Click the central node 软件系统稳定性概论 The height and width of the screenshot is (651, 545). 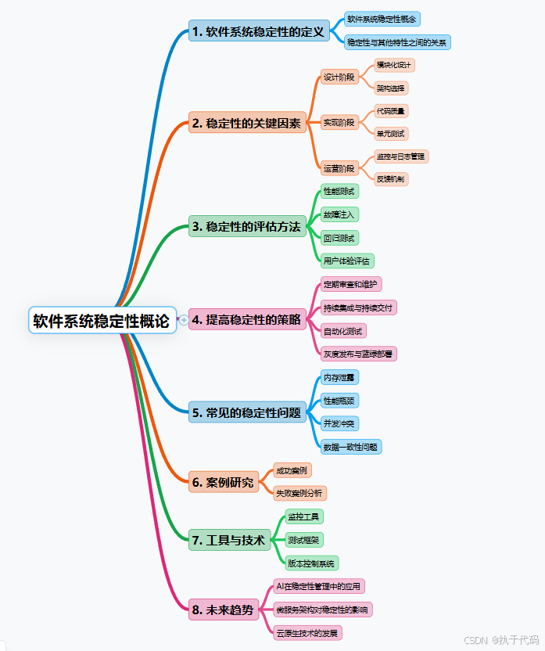click(102, 320)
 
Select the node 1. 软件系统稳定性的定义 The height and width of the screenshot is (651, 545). click(257, 32)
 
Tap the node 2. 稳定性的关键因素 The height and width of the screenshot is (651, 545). click(246, 123)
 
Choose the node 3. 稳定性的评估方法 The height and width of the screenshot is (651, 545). click(246, 227)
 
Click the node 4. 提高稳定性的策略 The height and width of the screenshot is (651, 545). click(246, 319)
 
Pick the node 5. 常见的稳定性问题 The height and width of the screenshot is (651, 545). click(246, 412)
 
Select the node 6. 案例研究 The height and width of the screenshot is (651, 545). click(224, 482)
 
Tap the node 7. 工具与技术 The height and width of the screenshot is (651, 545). click(229, 539)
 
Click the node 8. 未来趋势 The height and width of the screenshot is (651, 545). click(224, 609)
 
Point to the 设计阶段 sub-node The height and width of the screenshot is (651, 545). click(339, 77)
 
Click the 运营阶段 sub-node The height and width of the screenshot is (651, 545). click(339, 167)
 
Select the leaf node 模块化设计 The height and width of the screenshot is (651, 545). click(395, 65)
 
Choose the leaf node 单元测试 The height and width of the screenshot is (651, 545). click(390, 133)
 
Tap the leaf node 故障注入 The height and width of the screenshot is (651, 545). click(339, 214)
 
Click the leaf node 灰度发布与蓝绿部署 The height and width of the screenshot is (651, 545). click(359, 354)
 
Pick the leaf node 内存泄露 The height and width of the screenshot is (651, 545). click(339, 377)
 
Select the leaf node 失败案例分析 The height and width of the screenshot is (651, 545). click(299, 493)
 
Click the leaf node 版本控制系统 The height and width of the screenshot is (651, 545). click(311, 563)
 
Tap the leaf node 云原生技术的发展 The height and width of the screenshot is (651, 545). click(309, 631)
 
